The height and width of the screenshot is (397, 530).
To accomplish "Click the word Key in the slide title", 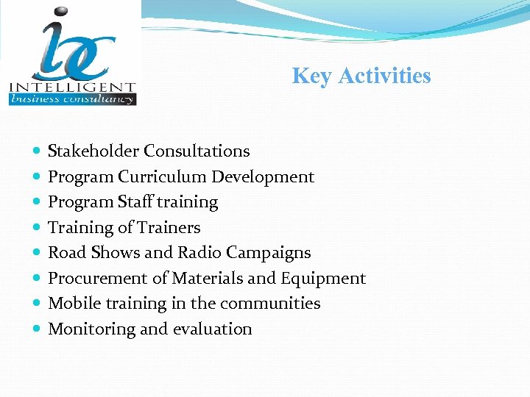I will pyautogui.click(x=310, y=76).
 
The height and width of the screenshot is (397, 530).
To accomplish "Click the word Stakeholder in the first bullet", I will pyautogui.click(x=93, y=151).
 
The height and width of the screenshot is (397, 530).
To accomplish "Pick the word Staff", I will pyautogui.click(x=138, y=202).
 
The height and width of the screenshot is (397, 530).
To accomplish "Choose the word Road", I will pyautogui.click(x=67, y=253).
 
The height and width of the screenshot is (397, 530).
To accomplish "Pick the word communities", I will pyautogui.click(x=275, y=304).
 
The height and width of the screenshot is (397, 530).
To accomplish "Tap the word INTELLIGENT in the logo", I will pyautogui.click(x=72, y=87).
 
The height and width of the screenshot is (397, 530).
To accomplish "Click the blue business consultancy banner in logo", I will pyautogui.click(x=72, y=99).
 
